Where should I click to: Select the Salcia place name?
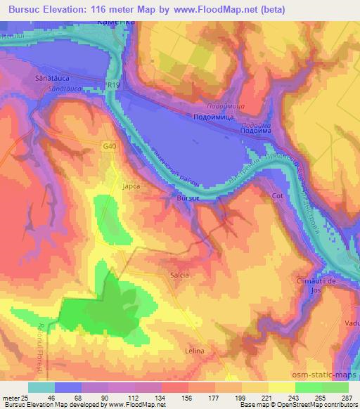(179, 275)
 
